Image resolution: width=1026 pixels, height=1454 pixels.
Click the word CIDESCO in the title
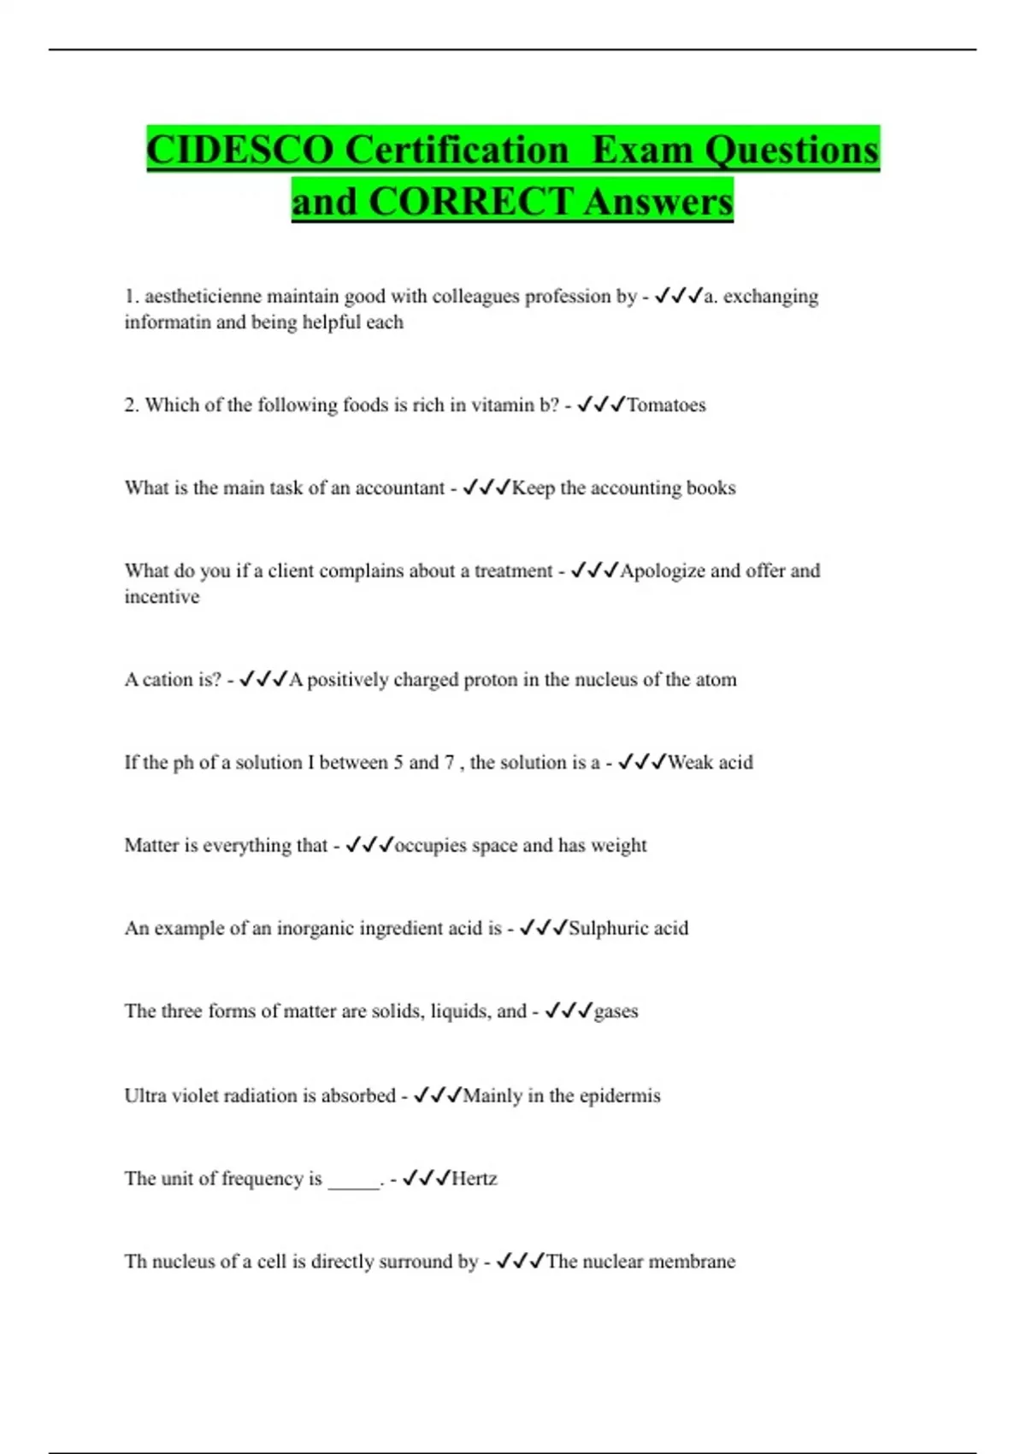point(240,150)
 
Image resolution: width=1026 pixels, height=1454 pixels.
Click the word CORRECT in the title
point(470,202)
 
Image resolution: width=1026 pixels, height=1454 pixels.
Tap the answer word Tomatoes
point(666,405)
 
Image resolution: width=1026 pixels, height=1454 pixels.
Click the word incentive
point(162,596)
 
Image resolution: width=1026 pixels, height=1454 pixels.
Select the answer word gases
point(616,1011)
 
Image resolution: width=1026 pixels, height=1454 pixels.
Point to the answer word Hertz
point(474,1179)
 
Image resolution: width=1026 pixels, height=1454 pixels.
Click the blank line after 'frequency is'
point(354,1185)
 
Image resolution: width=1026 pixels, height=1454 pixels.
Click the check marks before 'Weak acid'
point(641,762)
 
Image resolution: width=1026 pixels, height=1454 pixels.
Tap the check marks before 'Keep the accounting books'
point(486,488)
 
